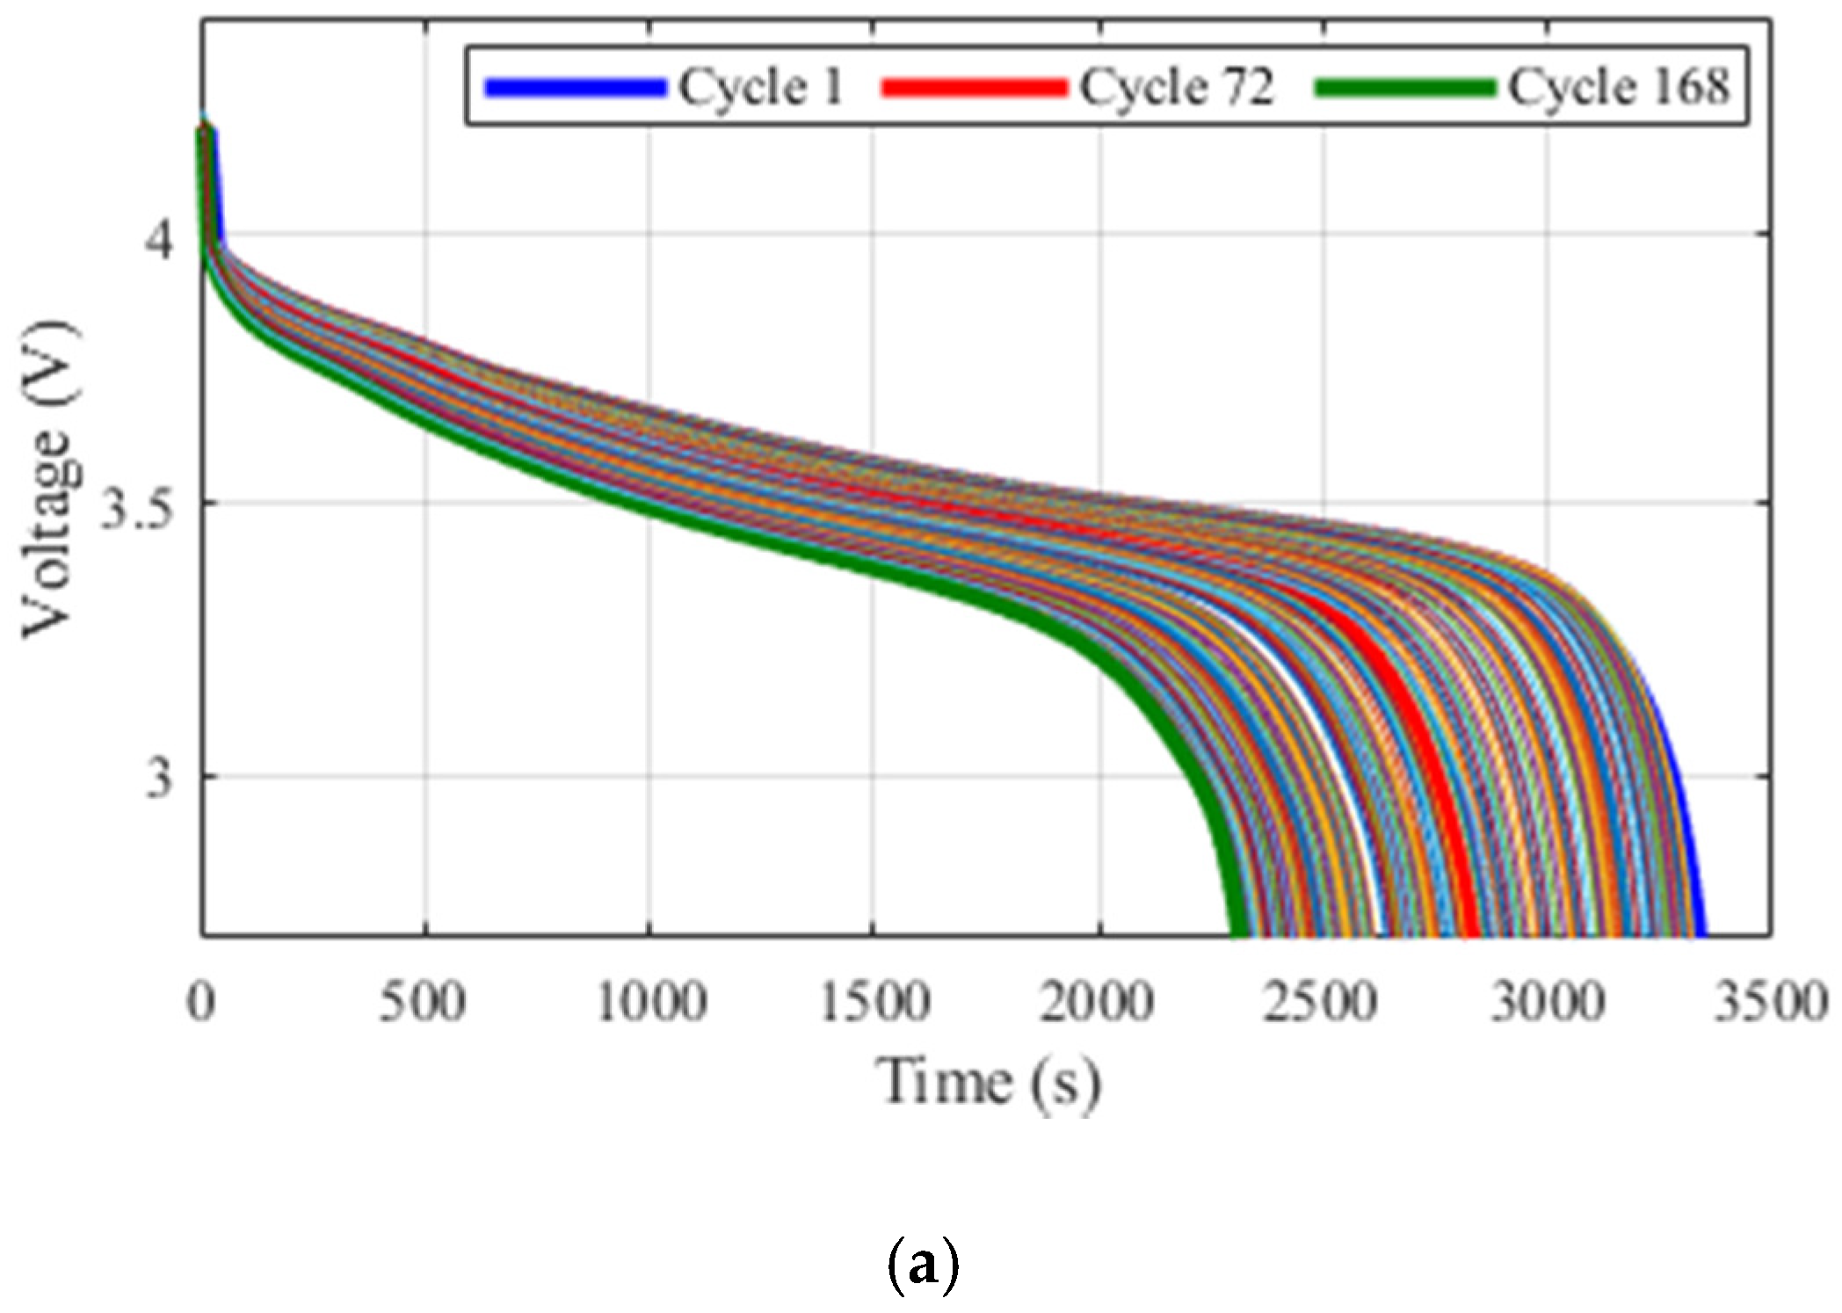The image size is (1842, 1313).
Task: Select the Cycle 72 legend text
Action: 1176,87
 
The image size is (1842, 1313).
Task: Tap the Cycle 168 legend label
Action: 1618,87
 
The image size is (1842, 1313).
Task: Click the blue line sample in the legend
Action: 575,87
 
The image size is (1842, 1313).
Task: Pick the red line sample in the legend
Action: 973,87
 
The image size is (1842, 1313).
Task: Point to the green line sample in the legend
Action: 1404,87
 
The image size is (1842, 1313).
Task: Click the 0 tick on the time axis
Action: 201,1002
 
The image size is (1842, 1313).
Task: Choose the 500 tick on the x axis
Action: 422,1002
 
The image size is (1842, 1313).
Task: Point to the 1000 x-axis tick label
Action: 650,1002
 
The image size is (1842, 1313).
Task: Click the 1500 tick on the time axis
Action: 874,1002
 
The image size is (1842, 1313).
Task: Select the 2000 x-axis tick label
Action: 1097,1002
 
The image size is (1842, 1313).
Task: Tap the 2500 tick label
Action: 1321,1002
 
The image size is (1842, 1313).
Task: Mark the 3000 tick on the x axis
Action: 1547,1002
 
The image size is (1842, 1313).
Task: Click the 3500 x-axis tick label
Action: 1770,1002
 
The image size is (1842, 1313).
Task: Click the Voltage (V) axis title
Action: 48,482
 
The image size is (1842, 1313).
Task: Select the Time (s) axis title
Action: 988,1083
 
